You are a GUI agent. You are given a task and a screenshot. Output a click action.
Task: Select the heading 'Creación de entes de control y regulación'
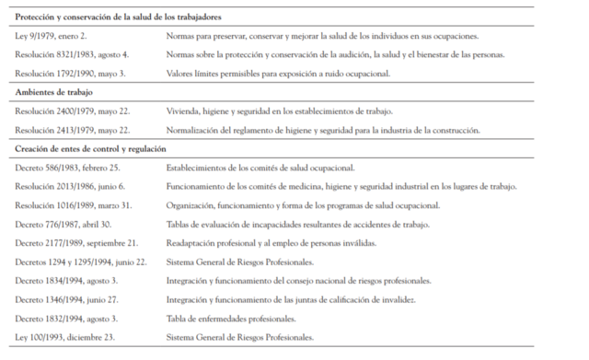coord(91,148)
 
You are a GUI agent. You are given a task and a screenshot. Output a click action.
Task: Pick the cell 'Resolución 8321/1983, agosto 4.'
coord(72,54)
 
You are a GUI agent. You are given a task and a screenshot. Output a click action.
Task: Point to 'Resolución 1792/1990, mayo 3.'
coord(68,73)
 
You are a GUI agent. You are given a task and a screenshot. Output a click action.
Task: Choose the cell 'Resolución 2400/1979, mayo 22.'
coord(71,110)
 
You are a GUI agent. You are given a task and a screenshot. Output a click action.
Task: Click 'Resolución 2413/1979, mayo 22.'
coord(71,130)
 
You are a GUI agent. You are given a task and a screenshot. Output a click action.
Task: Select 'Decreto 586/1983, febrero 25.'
coord(66,168)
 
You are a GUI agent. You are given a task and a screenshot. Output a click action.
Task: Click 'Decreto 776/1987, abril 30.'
coord(62,224)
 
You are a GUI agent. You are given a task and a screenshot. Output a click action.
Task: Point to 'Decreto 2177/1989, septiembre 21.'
coord(75,242)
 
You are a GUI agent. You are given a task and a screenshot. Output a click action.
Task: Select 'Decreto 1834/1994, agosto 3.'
coord(64,280)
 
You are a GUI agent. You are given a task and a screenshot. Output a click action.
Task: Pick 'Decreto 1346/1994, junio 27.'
coord(65,299)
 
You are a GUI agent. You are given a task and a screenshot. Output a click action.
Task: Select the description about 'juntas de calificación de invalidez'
coord(292,299)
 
